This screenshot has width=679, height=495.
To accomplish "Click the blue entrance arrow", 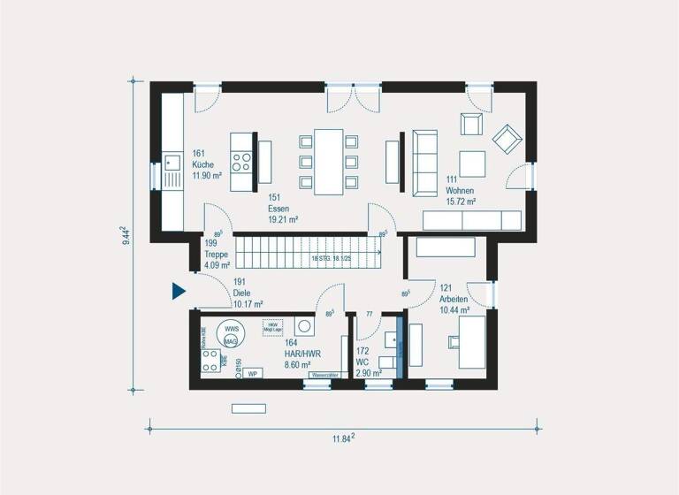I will point(178,291).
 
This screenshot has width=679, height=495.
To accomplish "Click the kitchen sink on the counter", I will point(172,163).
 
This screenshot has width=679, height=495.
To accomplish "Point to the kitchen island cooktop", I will point(240,162).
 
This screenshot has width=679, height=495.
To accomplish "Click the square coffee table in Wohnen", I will point(471,164).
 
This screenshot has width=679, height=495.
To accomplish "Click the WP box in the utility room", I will point(253,373).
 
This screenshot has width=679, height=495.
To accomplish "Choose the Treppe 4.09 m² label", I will point(217,254).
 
